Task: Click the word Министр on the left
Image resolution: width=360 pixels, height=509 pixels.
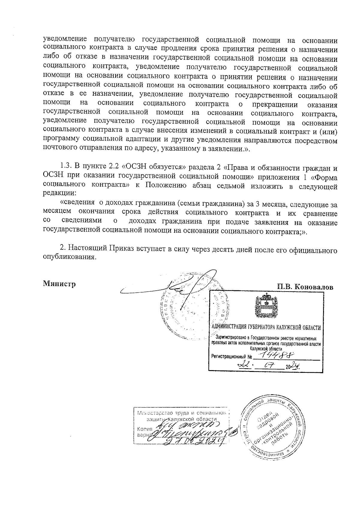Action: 59,283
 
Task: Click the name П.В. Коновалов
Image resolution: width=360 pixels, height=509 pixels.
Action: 305,287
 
